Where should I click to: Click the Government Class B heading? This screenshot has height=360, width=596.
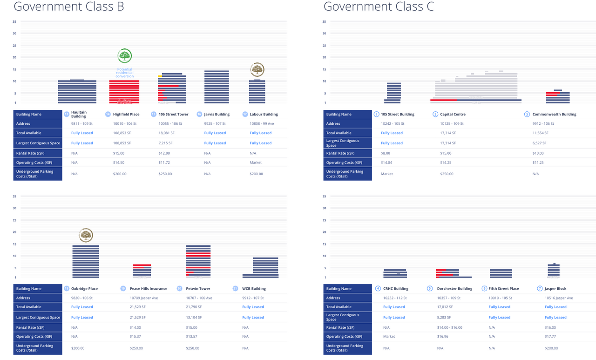69,7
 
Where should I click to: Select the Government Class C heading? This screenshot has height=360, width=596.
379,7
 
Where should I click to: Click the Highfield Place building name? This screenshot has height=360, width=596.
126,114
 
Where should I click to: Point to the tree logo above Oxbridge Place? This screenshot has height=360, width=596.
86,235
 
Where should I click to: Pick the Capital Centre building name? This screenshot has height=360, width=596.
453,114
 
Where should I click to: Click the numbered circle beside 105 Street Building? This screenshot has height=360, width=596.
376,114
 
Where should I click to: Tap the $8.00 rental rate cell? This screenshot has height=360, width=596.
386,153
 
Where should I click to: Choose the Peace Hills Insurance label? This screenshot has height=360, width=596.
148,289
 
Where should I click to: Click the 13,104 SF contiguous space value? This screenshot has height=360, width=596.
196,318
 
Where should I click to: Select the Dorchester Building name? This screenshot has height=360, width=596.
454,289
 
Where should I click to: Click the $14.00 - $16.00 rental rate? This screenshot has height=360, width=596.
450,327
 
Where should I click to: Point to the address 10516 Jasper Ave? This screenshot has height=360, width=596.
559,298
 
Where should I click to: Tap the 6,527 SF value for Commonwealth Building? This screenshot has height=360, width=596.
541,143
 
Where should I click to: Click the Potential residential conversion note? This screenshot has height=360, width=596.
124,73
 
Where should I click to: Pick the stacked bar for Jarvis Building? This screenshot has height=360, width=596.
217,87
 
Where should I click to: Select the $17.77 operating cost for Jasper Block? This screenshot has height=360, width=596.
551,337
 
